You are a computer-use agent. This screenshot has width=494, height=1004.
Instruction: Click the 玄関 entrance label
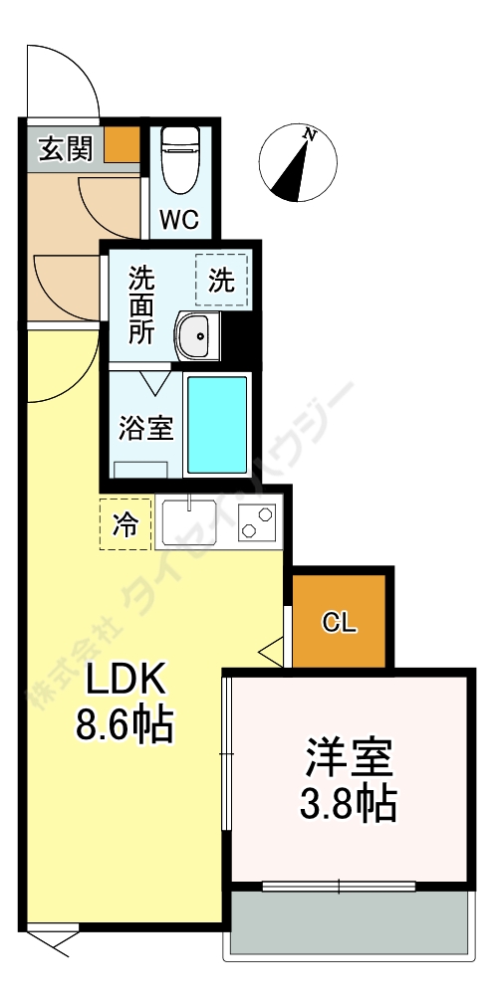coord(66,149)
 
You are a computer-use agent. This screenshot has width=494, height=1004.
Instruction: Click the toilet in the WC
coord(181,159)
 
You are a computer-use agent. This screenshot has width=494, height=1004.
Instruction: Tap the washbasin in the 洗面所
coord(197,336)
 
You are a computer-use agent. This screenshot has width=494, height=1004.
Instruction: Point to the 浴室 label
coord(146,429)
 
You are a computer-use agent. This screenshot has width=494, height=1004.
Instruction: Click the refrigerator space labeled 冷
coord(125,524)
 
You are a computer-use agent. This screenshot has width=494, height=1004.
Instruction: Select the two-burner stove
coord(257,522)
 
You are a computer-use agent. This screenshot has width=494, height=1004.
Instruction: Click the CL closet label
coord(338,623)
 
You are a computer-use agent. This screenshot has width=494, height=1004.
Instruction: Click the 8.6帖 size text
coord(124,725)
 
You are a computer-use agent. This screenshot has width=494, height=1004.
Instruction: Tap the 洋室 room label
coord(349,759)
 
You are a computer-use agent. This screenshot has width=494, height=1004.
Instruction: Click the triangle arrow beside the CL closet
coord(271,653)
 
